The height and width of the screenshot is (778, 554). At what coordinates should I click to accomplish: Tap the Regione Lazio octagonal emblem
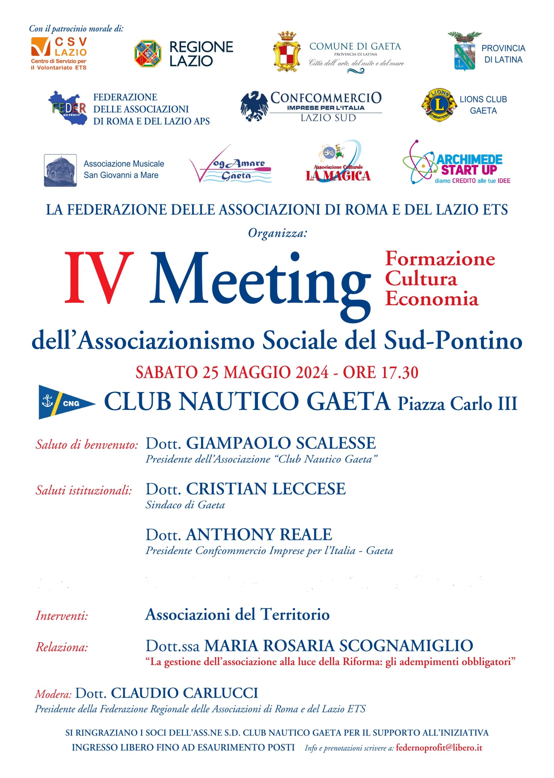click(148, 53)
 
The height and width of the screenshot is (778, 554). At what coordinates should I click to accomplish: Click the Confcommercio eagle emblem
click(254, 106)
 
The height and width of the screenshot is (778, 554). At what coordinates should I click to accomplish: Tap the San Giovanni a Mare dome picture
click(60, 170)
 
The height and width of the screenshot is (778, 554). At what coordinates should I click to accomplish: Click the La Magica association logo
click(338, 162)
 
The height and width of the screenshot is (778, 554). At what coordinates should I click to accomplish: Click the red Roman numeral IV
click(99, 277)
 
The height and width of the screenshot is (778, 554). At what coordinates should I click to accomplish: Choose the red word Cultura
click(421, 279)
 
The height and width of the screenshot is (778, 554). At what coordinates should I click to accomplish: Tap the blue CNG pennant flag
click(65, 402)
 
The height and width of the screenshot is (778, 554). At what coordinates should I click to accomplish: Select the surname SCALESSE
click(336, 443)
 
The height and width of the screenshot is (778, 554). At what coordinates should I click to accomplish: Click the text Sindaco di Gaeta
click(185, 505)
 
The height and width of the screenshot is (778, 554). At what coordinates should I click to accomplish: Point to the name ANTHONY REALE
click(259, 535)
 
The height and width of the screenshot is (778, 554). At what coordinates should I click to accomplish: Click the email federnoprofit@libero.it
click(439, 748)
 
